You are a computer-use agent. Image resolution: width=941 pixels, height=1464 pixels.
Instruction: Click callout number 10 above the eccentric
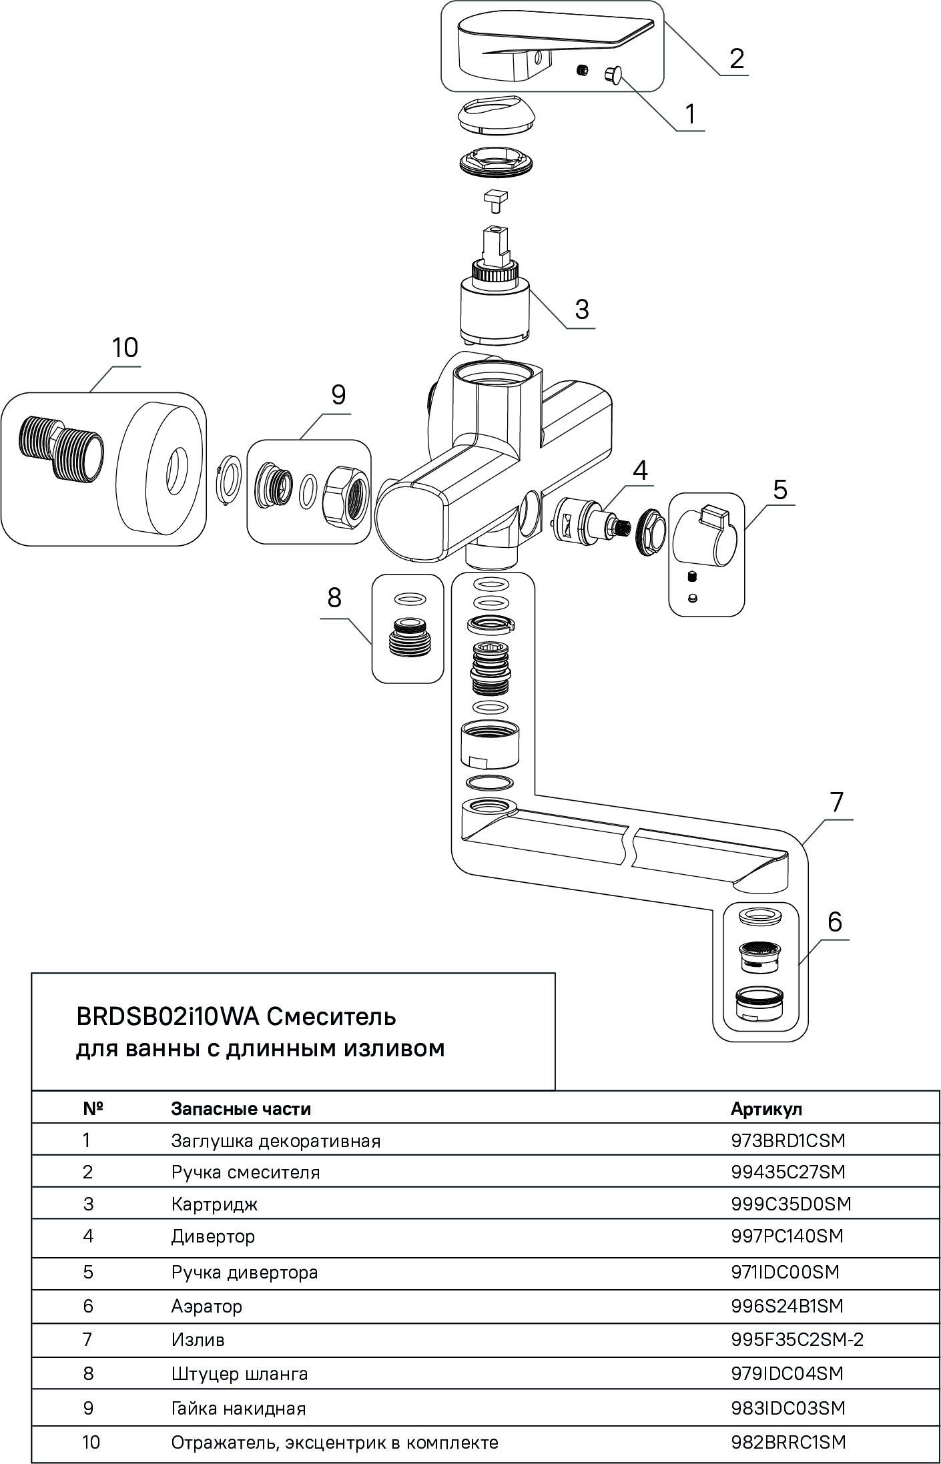(x=125, y=348)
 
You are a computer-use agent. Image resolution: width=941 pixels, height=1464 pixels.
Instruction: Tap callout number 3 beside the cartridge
(x=582, y=309)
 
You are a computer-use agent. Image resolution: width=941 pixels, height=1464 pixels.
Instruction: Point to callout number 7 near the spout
(x=836, y=801)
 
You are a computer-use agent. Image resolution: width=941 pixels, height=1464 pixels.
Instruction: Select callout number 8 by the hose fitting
(x=334, y=598)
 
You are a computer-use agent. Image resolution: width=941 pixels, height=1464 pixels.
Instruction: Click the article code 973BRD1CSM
(x=788, y=1141)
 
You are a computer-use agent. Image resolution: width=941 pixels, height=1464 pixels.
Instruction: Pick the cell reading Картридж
(x=214, y=1204)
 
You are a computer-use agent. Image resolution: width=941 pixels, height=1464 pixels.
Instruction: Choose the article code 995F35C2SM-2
(x=797, y=1339)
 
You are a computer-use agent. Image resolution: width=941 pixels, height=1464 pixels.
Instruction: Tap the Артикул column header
(x=766, y=1109)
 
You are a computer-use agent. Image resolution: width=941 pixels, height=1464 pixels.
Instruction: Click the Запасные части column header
(x=241, y=1109)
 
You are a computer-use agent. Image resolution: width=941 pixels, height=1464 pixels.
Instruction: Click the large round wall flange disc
(x=163, y=470)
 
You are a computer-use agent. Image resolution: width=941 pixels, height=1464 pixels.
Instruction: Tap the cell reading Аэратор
(x=206, y=1306)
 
